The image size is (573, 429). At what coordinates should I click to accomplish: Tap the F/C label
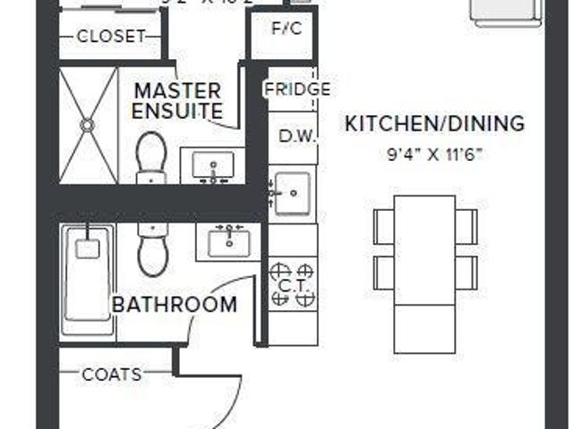(x=287, y=27)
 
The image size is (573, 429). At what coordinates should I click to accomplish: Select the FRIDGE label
(x=297, y=89)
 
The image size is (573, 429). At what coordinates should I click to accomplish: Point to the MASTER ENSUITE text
(x=176, y=101)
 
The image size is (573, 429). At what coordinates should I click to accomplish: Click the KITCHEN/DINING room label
(x=434, y=123)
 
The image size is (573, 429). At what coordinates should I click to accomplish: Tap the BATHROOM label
(x=175, y=304)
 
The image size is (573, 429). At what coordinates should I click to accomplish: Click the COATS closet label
(x=112, y=374)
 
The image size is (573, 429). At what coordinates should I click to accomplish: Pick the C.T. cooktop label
(x=292, y=285)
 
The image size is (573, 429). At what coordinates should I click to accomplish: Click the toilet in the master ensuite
(x=152, y=157)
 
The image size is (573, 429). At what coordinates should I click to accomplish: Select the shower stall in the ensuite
(x=89, y=125)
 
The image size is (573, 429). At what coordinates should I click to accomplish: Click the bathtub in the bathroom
(x=88, y=279)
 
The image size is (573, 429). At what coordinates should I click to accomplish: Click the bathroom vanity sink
(x=229, y=240)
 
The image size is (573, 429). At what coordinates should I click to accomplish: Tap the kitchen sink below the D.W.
(x=292, y=190)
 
